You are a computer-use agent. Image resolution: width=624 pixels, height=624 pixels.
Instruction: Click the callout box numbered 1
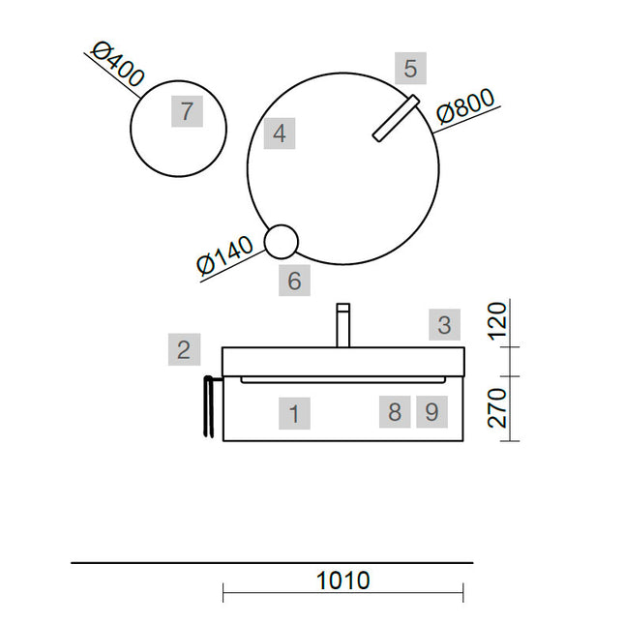[x=294, y=413]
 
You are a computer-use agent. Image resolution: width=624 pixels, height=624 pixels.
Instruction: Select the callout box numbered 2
[x=184, y=349]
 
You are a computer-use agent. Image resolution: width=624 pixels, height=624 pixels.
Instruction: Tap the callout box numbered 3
[x=444, y=324]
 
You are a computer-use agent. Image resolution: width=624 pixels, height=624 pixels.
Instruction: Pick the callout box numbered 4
[x=280, y=134]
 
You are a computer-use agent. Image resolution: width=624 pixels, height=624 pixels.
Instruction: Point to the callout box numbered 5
[x=411, y=68]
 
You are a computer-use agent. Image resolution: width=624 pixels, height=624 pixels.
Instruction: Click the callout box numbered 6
[x=294, y=281]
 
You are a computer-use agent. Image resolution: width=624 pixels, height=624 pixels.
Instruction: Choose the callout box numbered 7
[x=187, y=111]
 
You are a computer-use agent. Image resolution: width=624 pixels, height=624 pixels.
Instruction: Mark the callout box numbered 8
[x=395, y=412]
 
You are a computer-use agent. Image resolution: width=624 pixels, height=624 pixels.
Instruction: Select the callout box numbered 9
[x=431, y=412]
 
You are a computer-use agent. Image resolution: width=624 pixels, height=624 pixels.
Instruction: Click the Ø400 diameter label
[x=117, y=65]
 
